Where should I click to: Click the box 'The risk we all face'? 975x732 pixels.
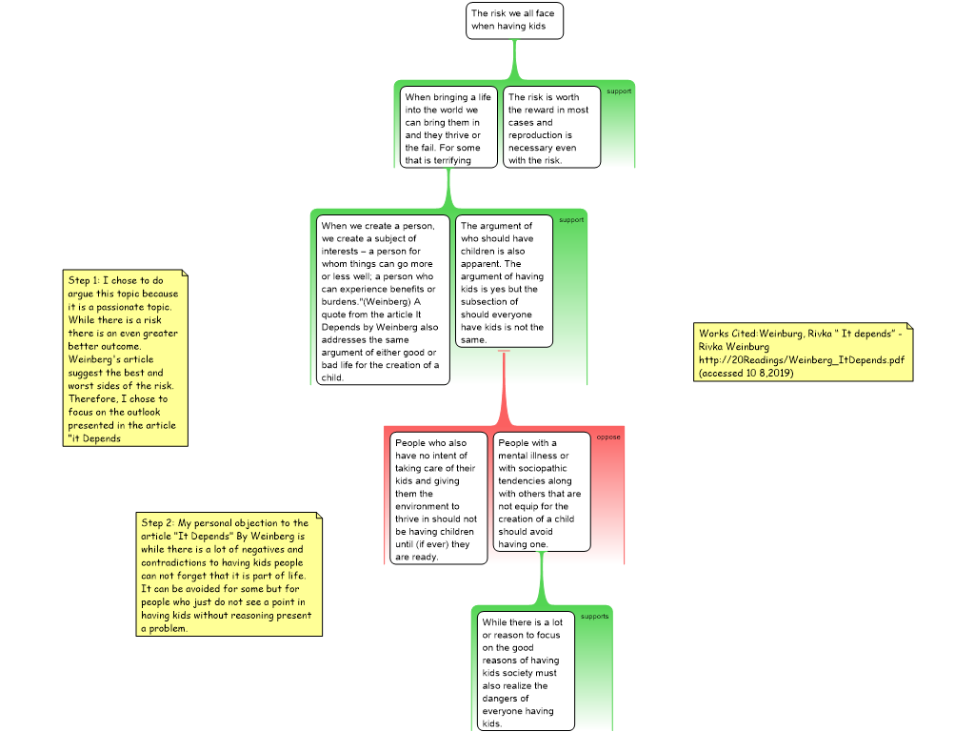(x=514, y=21)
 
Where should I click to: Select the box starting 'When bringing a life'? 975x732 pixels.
(x=448, y=127)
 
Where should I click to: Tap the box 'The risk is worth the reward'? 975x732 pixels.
(x=551, y=127)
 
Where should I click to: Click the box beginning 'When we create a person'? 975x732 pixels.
(x=383, y=300)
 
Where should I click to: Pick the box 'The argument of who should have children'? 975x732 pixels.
(x=504, y=281)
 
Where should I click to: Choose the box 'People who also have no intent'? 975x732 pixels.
(x=438, y=498)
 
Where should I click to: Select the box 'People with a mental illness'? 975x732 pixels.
(x=542, y=492)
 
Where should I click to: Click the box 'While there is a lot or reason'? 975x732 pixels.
(x=526, y=671)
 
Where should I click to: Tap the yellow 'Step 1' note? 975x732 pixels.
(x=125, y=358)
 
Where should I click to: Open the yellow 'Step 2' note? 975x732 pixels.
(x=229, y=575)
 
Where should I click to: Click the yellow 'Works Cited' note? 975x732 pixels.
(x=803, y=352)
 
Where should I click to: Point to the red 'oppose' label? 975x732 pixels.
(x=608, y=437)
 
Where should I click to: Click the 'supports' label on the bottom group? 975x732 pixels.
(x=594, y=617)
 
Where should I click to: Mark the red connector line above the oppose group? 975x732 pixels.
(x=504, y=389)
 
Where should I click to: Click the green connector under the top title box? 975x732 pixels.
(x=514, y=60)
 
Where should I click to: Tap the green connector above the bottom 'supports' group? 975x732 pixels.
(x=542, y=579)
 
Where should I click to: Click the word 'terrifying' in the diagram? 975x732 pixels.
(x=452, y=160)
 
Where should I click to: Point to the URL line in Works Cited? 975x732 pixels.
(x=802, y=359)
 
